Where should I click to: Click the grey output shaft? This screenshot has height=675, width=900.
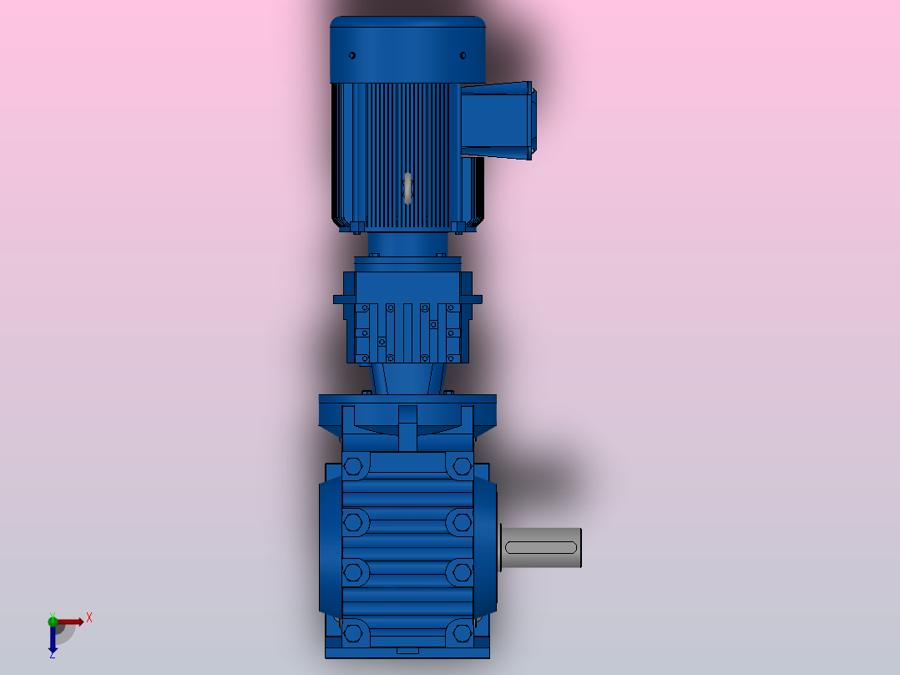click(541, 547)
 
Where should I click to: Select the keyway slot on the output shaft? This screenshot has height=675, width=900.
click(541, 547)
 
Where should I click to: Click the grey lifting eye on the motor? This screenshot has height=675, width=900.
click(407, 188)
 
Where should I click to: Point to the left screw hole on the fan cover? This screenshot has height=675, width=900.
click(352, 55)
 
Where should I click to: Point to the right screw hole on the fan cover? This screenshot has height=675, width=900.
click(463, 55)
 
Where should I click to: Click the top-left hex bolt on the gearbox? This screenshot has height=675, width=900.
click(352, 466)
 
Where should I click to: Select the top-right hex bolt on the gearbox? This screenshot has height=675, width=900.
click(462, 466)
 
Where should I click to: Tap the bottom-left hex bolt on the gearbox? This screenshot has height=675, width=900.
click(352, 633)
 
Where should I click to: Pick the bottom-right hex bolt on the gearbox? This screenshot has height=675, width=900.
click(462, 633)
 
